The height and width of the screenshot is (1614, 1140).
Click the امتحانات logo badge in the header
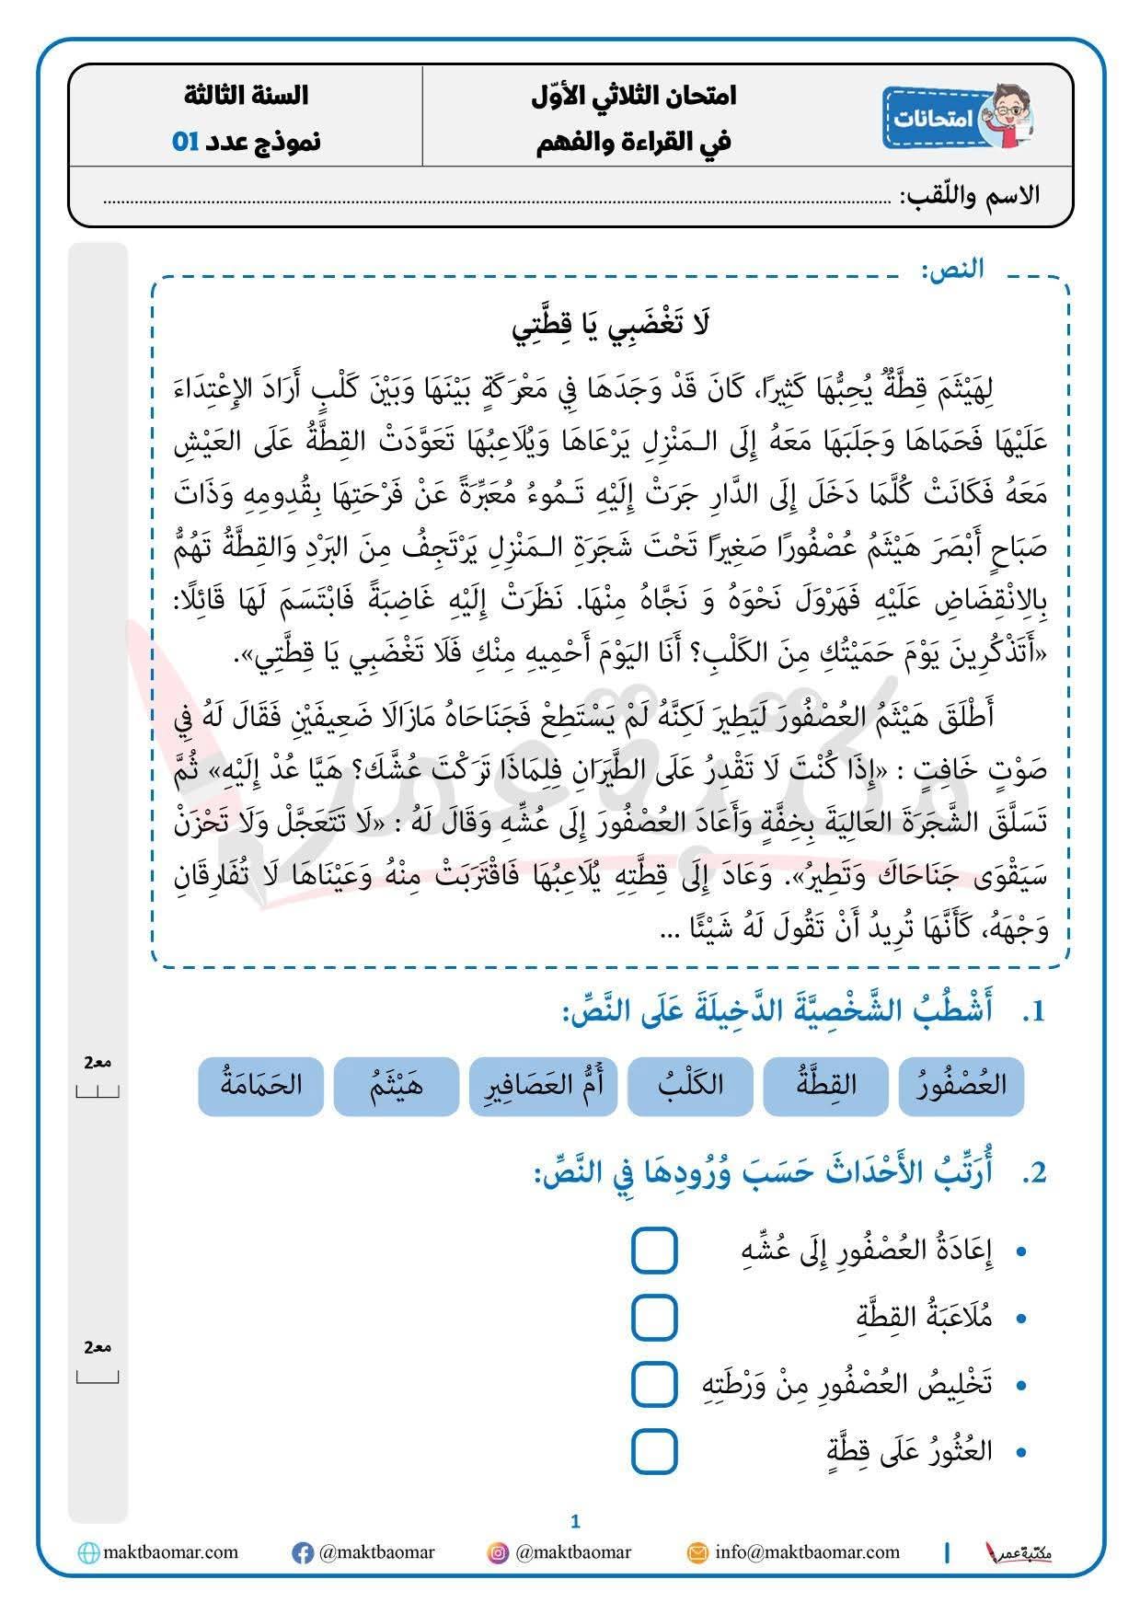pyautogui.click(x=957, y=117)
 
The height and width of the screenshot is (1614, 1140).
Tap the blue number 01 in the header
pyautogui.click(x=185, y=142)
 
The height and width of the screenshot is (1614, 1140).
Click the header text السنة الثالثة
pyautogui.click(x=246, y=95)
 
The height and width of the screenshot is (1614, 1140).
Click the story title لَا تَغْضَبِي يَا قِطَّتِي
pyautogui.click(x=611, y=324)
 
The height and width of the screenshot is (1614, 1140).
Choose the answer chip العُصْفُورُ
pyautogui.click(x=962, y=1085)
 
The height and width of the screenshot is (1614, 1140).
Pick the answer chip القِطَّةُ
pyautogui.click(x=825, y=1085)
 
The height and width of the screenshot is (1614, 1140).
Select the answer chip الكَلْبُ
pyautogui.click(x=690, y=1085)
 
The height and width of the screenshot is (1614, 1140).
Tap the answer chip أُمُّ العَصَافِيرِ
pyautogui.click(x=543, y=1085)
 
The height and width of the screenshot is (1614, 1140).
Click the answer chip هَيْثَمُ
pyautogui.click(x=397, y=1085)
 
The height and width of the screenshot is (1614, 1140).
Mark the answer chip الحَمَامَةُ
pyautogui.click(x=261, y=1085)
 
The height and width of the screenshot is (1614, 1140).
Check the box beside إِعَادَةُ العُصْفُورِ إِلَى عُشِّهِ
pyautogui.click(x=654, y=1251)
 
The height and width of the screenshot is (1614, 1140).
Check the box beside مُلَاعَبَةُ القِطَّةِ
pyautogui.click(x=654, y=1317)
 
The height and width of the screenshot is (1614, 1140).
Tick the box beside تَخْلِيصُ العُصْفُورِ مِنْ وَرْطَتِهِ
pyautogui.click(x=654, y=1384)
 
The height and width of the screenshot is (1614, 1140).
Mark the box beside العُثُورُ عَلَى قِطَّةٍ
pyautogui.click(x=654, y=1451)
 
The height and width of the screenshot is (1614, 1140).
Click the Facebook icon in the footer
pyautogui.click(x=302, y=1553)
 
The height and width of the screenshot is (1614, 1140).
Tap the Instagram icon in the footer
pyautogui.click(x=498, y=1553)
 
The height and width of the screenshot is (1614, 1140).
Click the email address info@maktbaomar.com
pyautogui.click(x=807, y=1552)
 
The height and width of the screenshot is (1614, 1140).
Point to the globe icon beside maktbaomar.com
pyautogui.click(x=88, y=1553)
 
